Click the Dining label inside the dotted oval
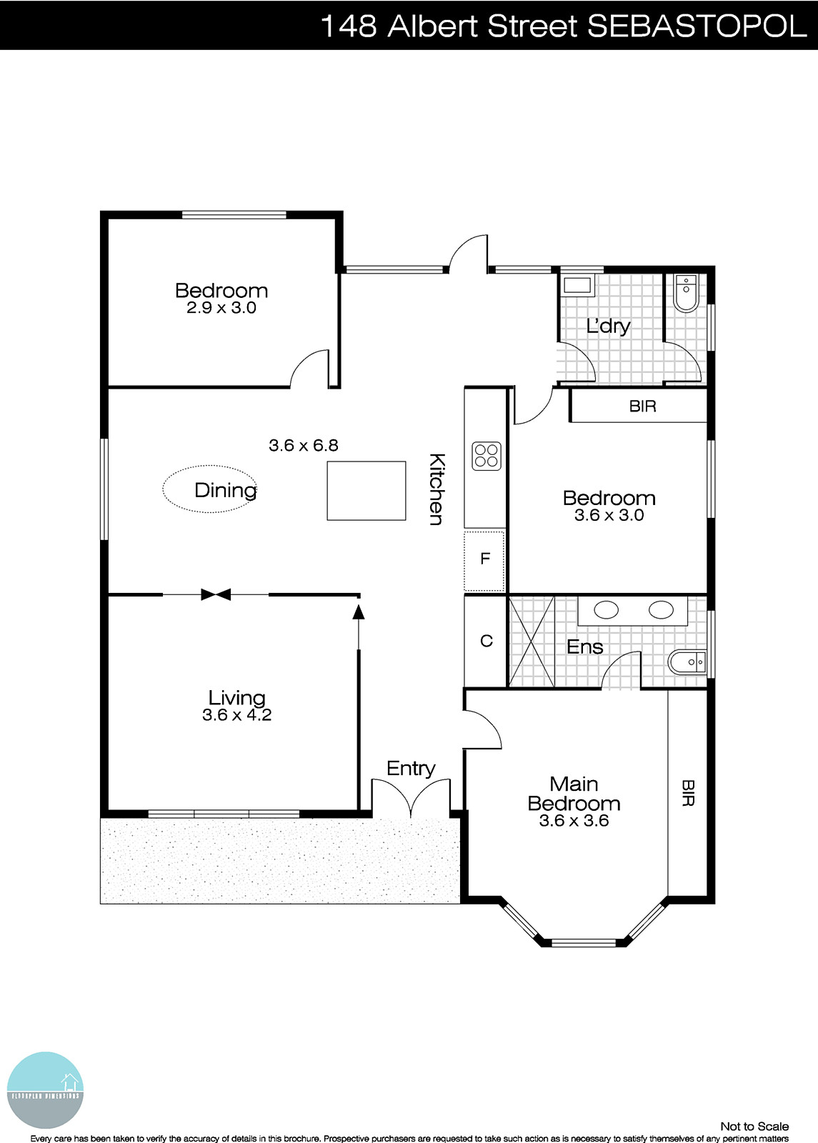pyautogui.click(x=225, y=490)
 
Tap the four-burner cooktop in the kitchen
pyautogui.click(x=487, y=456)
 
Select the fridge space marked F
pyautogui.click(x=485, y=559)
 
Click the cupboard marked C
pyautogui.click(x=486, y=641)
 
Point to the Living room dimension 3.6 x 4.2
pyautogui.click(x=236, y=715)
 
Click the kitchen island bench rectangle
pyautogui.click(x=366, y=490)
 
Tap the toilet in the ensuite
pyautogui.click(x=686, y=663)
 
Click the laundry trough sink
pyautogui.click(x=577, y=286)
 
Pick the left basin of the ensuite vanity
pyautogui.click(x=607, y=610)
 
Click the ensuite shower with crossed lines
pyautogui.click(x=532, y=641)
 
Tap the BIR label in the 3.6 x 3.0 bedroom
pyautogui.click(x=642, y=406)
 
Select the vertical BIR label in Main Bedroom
pyautogui.click(x=687, y=793)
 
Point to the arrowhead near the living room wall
pyautogui.click(x=359, y=611)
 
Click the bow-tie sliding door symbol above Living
pyautogui.click(x=216, y=594)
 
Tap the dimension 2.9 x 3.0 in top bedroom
pyautogui.click(x=221, y=309)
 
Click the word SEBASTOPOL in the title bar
pyautogui.click(x=697, y=26)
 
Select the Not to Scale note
pyautogui.click(x=754, y=1127)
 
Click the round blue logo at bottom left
pyautogui.click(x=45, y=1090)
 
